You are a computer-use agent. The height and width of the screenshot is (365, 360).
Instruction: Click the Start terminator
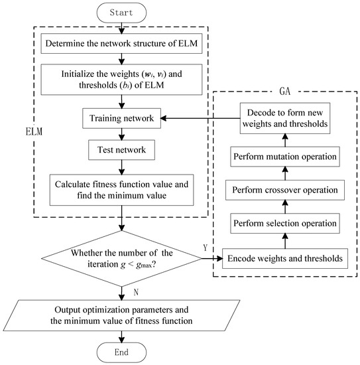pos(121,13)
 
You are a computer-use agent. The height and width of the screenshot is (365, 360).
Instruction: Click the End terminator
pos(121,352)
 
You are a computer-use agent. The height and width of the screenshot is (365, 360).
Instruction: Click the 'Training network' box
pos(121,119)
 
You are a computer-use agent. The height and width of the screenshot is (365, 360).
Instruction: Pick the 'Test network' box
pos(121,151)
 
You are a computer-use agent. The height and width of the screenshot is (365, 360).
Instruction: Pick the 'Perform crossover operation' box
pos(285,190)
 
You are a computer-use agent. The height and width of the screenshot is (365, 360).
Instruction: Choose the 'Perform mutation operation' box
pos(285,156)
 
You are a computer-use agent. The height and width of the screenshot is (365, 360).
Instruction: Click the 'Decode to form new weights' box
pos(285,119)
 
